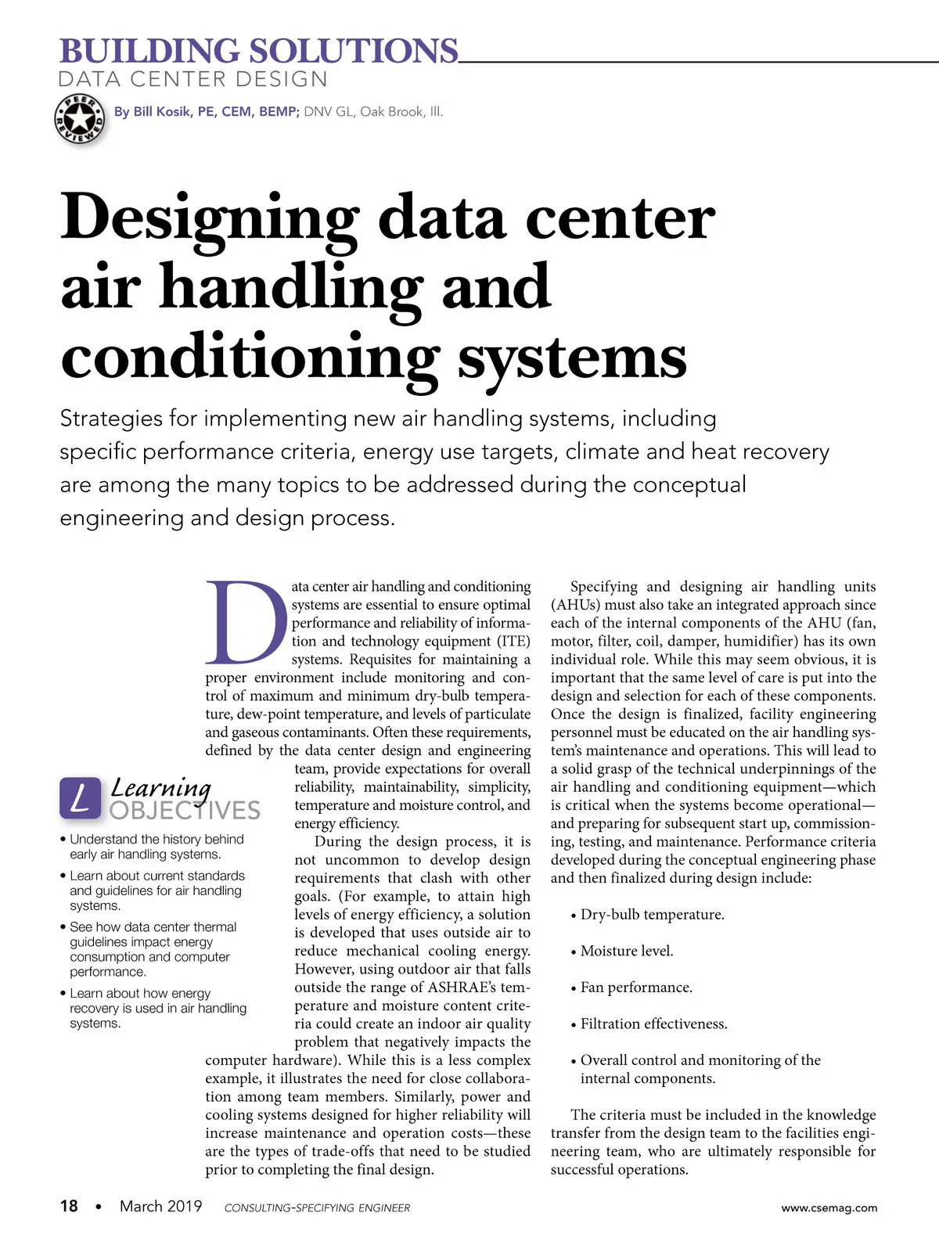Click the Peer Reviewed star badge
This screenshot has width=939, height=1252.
79,119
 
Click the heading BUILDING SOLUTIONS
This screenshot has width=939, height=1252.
258,51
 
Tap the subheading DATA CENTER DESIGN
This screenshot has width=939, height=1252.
193,79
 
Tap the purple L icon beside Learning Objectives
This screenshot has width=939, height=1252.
80,798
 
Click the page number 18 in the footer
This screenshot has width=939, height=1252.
69,1206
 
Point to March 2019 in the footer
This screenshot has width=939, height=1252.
160,1206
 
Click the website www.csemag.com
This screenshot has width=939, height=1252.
829,1207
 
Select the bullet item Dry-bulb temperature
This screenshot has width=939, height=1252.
652,915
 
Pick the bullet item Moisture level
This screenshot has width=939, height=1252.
626,951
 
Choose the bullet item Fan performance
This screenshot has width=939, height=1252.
635,988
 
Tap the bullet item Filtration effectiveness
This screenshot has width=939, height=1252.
653,1024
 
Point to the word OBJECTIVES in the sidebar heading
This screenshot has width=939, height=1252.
185,810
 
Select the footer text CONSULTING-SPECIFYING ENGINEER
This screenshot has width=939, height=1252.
317,1208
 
